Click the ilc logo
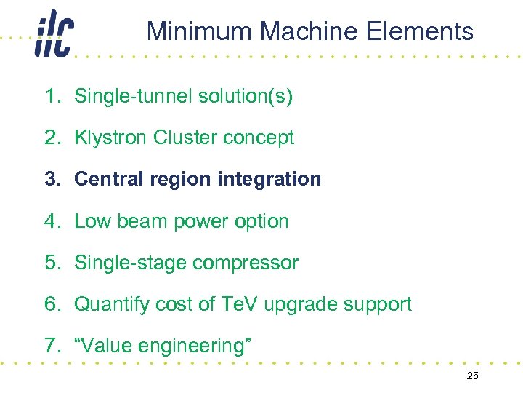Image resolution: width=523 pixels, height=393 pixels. (x=54, y=34)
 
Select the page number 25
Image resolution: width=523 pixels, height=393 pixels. (x=472, y=376)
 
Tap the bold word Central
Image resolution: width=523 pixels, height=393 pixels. (x=108, y=179)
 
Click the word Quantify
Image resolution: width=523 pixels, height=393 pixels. (x=110, y=304)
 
